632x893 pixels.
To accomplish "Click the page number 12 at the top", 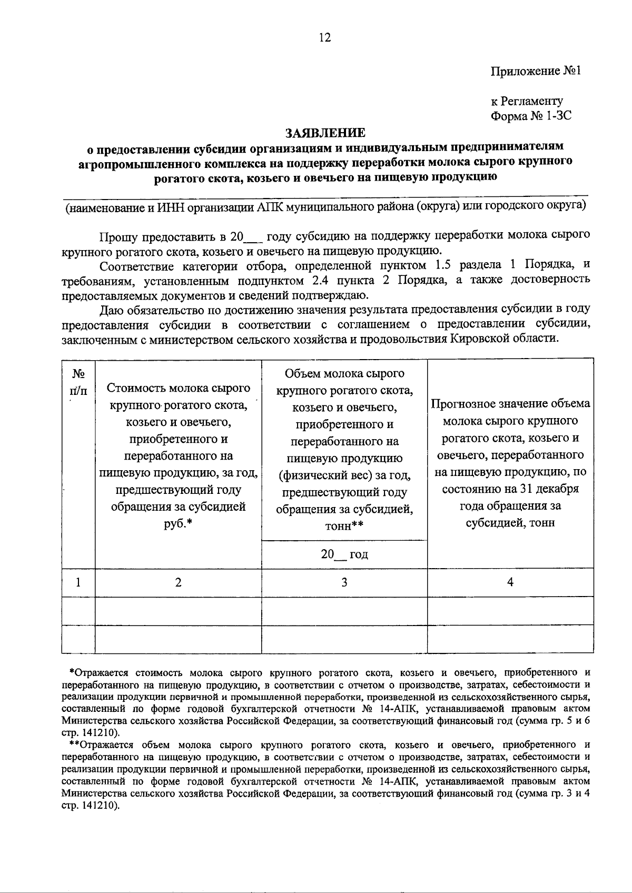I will pos(324,37).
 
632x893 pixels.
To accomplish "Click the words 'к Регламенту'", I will pos(527,101).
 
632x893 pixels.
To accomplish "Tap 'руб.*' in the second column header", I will pos(178,524).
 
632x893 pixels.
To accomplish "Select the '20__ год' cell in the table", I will pos(344,554).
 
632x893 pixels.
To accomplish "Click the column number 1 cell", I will pos(78,582).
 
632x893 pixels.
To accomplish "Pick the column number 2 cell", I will pos(178,582).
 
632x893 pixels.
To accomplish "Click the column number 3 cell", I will pos(344,582).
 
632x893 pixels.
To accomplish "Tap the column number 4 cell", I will pos(510,582).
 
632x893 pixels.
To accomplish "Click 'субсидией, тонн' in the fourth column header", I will pos(510,523).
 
